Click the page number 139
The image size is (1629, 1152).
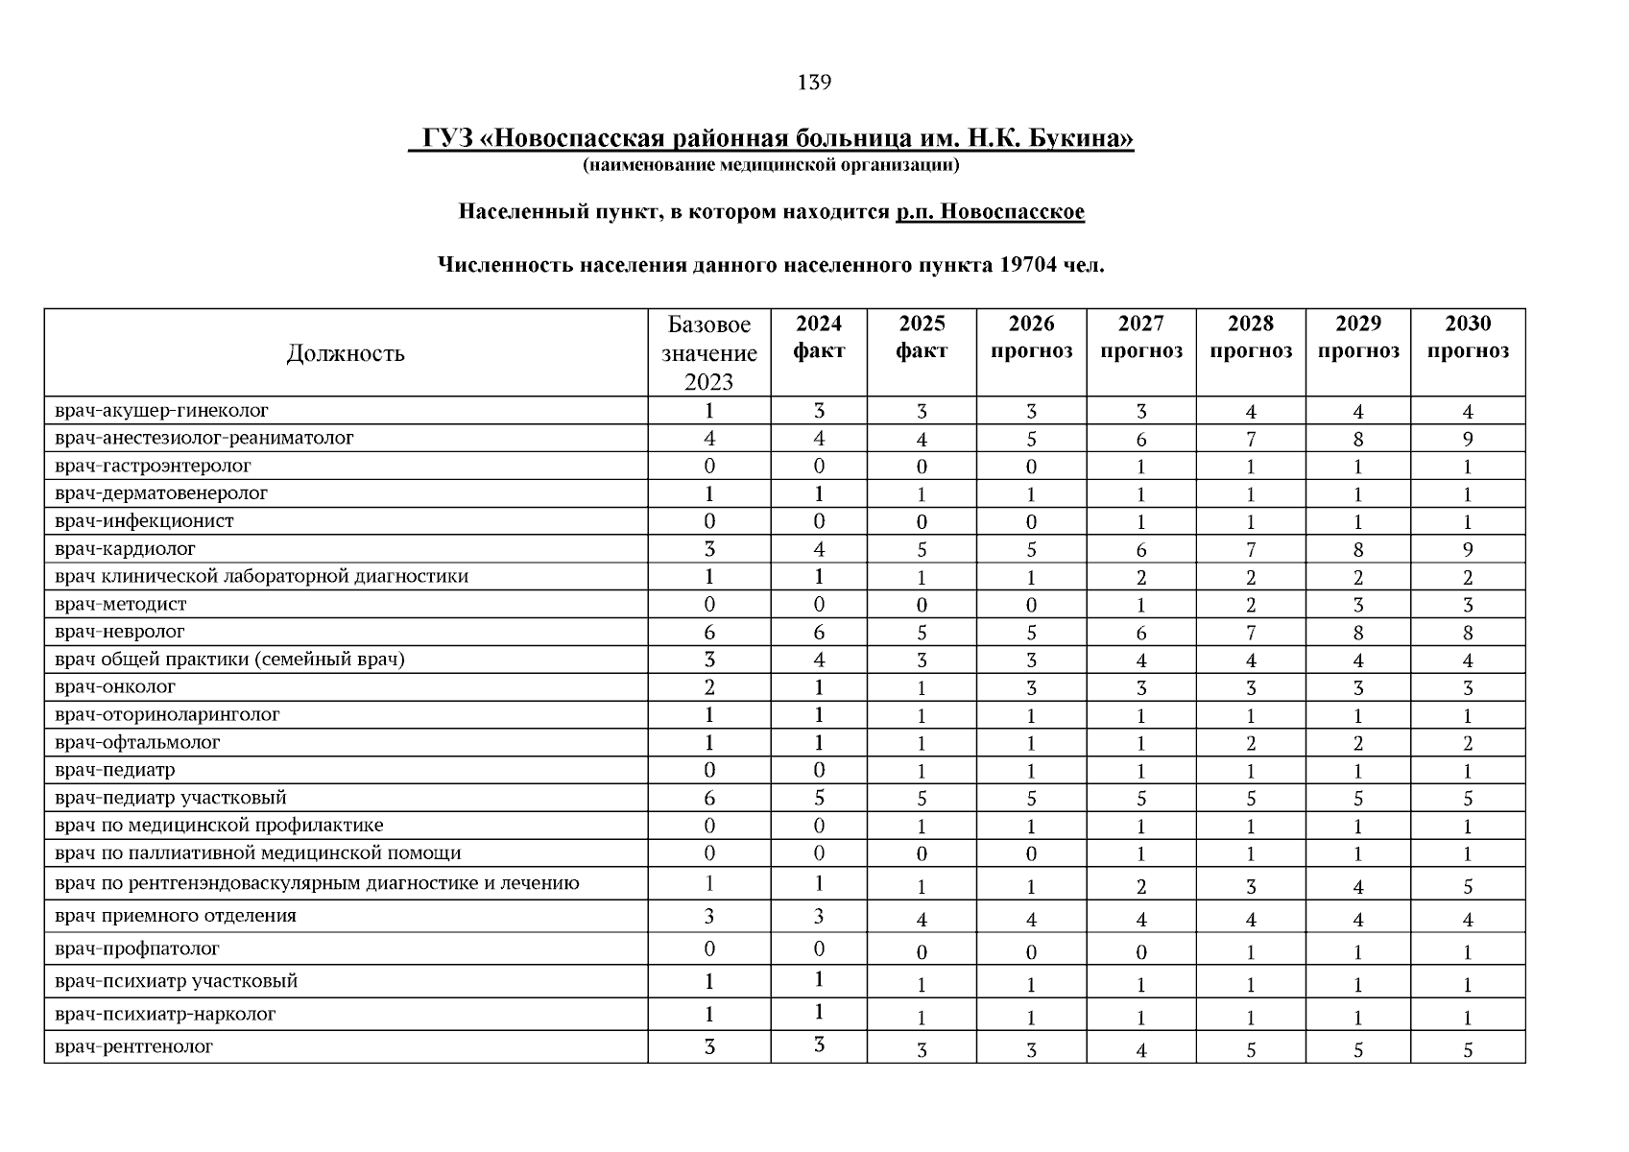click(813, 83)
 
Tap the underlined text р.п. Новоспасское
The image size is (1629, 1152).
click(990, 211)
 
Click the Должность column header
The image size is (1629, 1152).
click(346, 353)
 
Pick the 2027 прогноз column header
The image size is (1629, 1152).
click(1140, 337)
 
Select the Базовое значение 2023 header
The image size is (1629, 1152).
click(708, 352)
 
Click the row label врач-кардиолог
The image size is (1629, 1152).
click(126, 549)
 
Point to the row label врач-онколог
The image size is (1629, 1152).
click(116, 687)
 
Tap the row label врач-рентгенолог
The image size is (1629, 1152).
click(134, 1046)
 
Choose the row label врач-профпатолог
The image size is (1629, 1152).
click(137, 948)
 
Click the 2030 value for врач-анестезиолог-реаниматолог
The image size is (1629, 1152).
click(1467, 440)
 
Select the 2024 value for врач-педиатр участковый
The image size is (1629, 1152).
click(818, 798)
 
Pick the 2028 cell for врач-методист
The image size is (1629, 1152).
click(1250, 605)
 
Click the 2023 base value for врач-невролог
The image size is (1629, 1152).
click(708, 632)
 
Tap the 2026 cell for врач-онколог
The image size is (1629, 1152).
click(1031, 688)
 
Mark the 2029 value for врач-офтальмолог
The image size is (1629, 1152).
click(1357, 743)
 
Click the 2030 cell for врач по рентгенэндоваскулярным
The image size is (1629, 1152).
click(1467, 886)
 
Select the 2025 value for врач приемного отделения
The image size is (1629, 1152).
click(921, 919)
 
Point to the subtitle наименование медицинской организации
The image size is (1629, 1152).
click(771, 166)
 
